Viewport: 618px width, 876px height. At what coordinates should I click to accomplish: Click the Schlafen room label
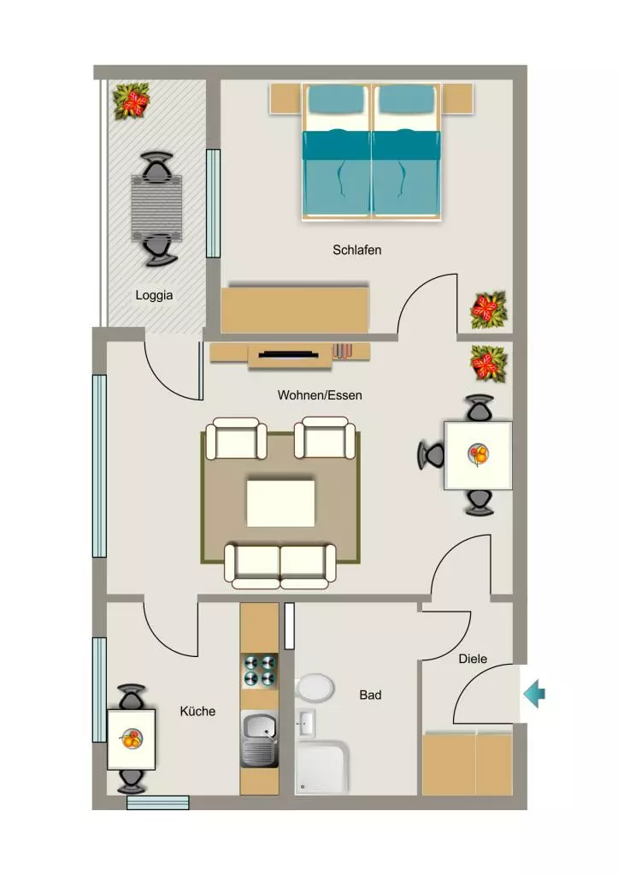click(356, 250)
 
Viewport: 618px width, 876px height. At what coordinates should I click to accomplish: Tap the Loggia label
click(154, 295)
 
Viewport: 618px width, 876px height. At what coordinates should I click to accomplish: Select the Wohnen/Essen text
click(320, 395)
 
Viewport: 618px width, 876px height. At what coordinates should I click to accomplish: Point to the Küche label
click(197, 711)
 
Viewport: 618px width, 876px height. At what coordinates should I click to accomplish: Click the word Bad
click(370, 695)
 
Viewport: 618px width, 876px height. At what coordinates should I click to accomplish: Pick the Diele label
click(473, 659)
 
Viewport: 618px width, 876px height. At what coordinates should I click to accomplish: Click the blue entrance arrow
click(534, 694)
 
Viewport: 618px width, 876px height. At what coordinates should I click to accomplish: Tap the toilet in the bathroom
click(315, 687)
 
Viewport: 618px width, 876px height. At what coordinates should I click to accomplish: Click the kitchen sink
click(260, 738)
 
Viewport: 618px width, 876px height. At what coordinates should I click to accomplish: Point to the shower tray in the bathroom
click(321, 767)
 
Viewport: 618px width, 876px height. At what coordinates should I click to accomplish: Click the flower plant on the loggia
click(132, 102)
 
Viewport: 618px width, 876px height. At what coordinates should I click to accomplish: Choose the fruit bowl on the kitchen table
click(131, 738)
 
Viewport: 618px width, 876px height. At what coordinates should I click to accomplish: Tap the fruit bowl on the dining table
click(479, 454)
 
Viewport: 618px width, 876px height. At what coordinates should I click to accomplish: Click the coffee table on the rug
click(281, 503)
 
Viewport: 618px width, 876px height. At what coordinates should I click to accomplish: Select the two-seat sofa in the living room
click(280, 566)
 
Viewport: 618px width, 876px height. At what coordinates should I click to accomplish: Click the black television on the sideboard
click(288, 354)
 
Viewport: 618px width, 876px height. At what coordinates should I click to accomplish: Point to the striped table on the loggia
click(157, 208)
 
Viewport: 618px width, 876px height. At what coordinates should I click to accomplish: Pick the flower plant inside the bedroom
click(488, 310)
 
